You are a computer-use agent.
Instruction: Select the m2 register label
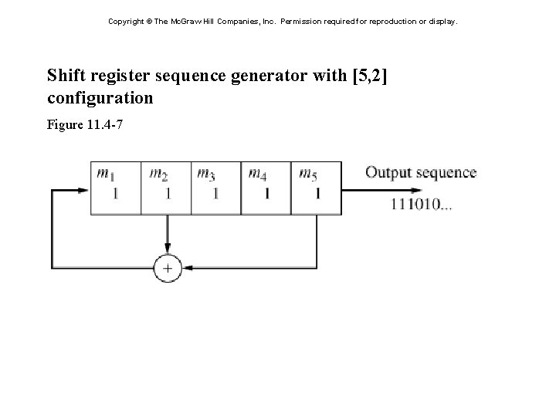(158, 173)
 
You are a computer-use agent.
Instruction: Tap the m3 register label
(205, 173)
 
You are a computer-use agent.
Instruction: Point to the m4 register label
(258, 173)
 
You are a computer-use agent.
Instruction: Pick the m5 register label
(307, 173)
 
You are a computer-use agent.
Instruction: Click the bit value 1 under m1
(116, 193)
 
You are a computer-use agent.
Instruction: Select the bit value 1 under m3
(215, 193)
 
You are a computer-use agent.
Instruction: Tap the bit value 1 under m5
(317, 193)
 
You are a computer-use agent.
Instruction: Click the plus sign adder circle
(167, 268)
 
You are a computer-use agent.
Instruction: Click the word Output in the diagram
(388, 172)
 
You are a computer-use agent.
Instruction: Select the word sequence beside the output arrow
(446, 172)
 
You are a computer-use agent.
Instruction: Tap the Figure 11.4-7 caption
(85, 124)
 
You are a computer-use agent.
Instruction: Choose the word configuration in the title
(100, 99)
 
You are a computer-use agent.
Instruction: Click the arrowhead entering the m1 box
(84, 189)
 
